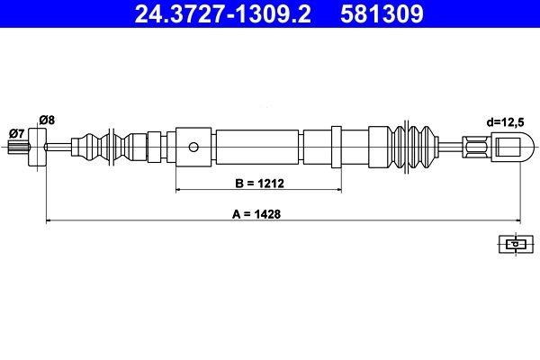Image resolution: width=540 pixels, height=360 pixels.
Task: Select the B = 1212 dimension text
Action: pyautogui.click(x=258, y=184)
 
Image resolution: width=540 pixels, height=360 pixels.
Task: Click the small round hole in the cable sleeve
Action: pyautogui.click(x=193, y=147)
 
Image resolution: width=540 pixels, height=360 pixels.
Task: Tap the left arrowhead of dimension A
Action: pyautogui.click(x=49, y=221)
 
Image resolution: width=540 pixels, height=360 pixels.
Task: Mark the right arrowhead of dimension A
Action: pyautogui.click(x=517, y=221)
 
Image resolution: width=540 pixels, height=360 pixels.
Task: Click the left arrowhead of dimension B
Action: pyautogui.click(x=179, y=191)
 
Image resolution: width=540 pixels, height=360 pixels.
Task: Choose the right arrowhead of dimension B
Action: pyautogui.click(x=337, y=191)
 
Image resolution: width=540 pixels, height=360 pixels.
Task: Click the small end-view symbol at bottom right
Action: pyautogui.click(x=512, y=243)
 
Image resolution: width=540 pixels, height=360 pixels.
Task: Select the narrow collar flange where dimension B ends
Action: pyautogui.click(x=337, y=146)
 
